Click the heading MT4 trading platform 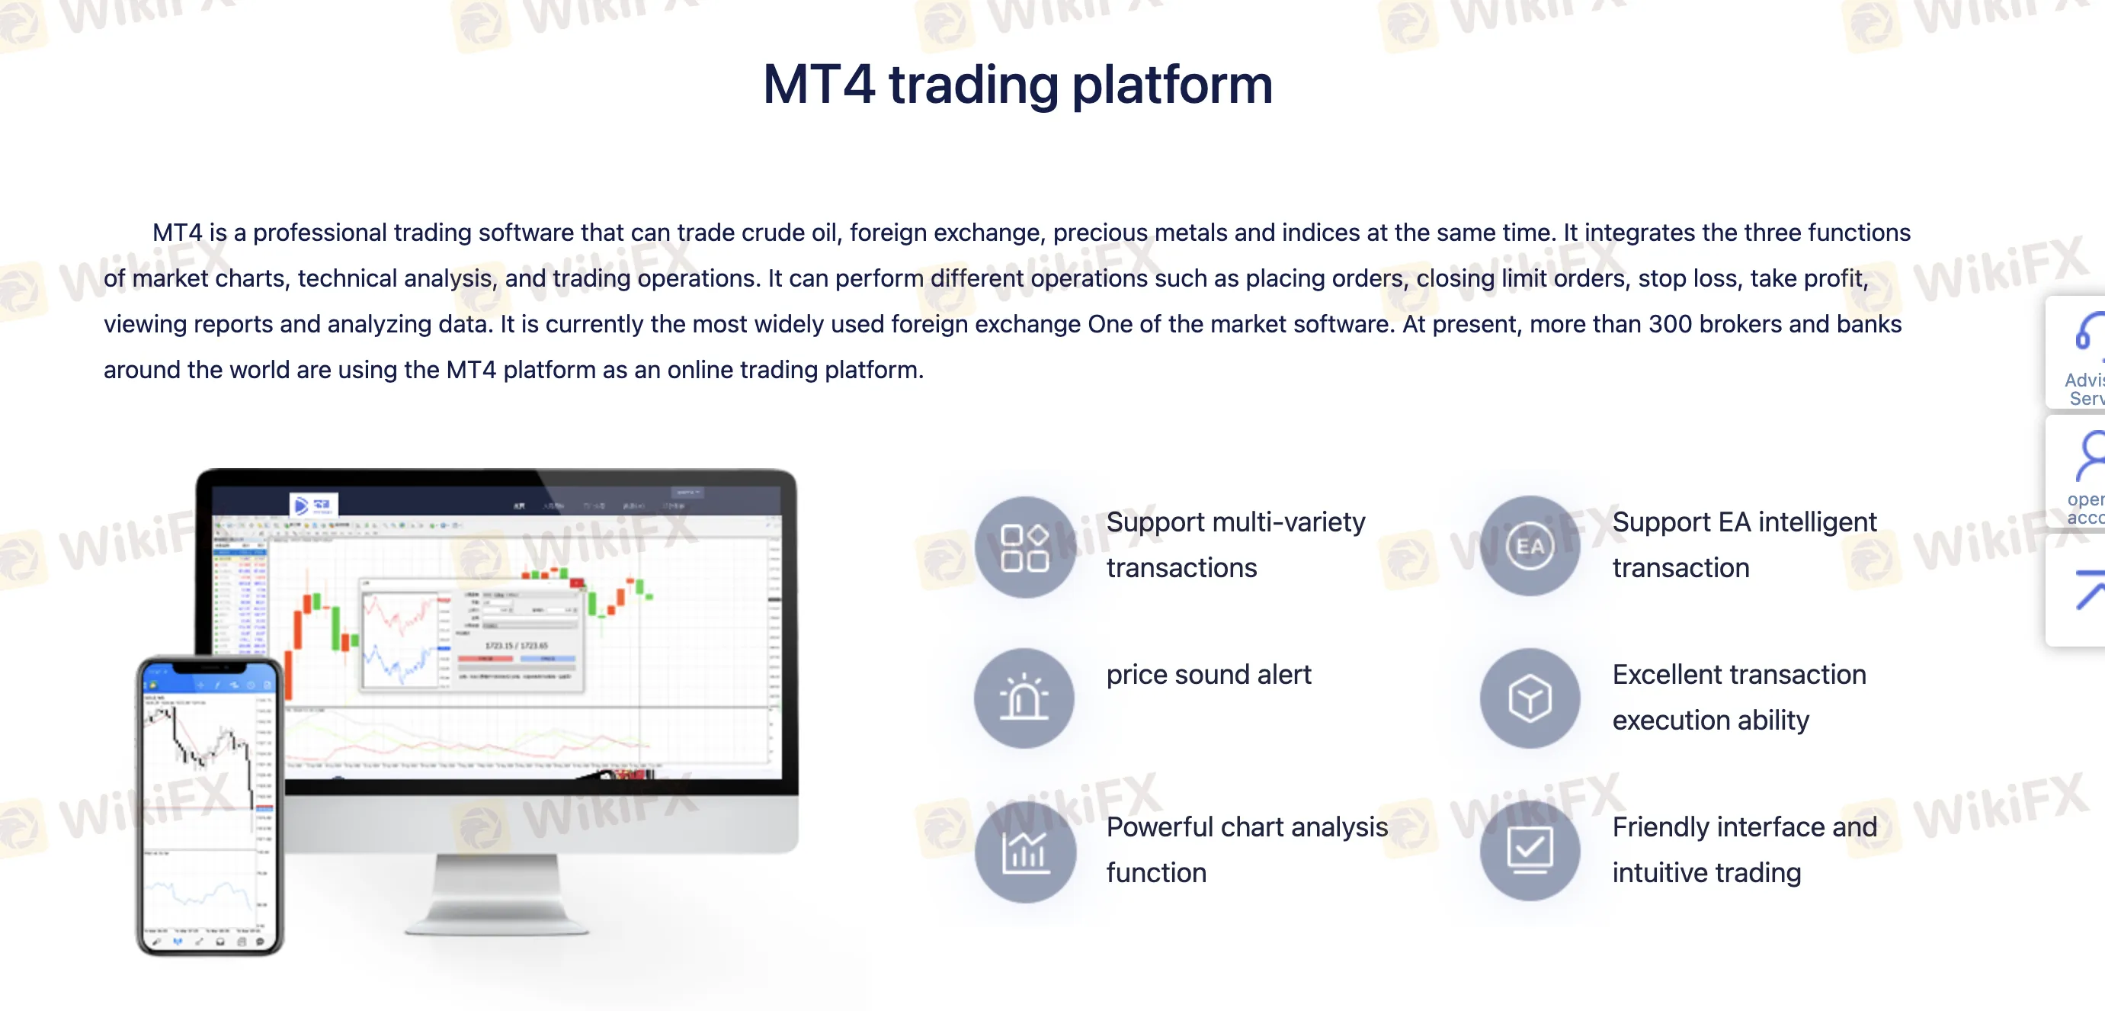point(1017,84)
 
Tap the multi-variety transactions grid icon point(1025,547)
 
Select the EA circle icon point(1530,545)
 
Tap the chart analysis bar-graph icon point(1025,851)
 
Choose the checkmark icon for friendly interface point(1530,850)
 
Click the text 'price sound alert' point(1208,674)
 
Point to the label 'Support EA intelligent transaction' point(1744,544)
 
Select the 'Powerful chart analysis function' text point(1246,849)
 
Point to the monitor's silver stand point(497,894)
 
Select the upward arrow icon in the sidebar point(2091,589)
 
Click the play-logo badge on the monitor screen point(313,505)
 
